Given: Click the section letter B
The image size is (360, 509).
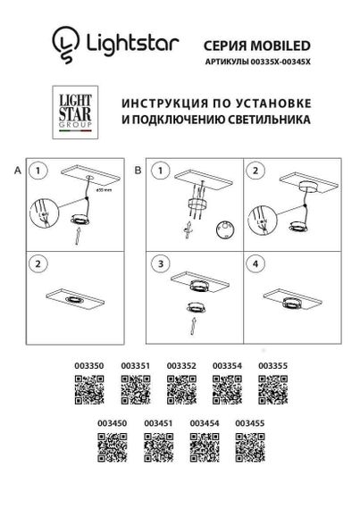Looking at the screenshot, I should [x=138, y=169].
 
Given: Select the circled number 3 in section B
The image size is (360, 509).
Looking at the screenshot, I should [x=160, y=265].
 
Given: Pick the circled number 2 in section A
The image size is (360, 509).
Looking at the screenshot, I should [x=38, y=265].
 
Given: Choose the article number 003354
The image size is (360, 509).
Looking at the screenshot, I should [x=226, y=365].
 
